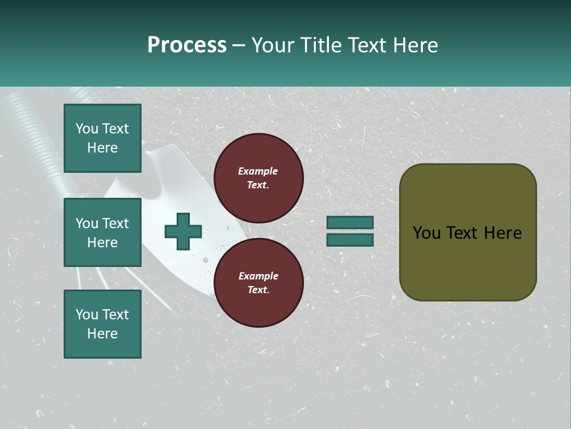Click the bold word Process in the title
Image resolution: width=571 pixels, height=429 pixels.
187,45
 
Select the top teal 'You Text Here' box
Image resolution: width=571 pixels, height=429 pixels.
102,138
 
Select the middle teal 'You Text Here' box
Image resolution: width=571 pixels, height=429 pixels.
102,232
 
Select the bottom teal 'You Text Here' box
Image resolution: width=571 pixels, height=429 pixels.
102,324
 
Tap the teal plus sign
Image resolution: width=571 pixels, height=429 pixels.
183,231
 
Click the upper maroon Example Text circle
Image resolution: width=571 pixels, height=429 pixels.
258,178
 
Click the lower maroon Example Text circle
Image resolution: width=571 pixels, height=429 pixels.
258,283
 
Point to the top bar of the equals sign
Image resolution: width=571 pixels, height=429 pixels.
350,223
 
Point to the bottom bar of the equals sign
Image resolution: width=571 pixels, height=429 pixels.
350,240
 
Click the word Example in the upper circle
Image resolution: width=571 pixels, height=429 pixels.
258,171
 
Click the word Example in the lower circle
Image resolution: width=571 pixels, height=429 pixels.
258,276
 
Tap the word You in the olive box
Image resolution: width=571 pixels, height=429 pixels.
426,233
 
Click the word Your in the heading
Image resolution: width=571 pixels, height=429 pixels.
274,45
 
